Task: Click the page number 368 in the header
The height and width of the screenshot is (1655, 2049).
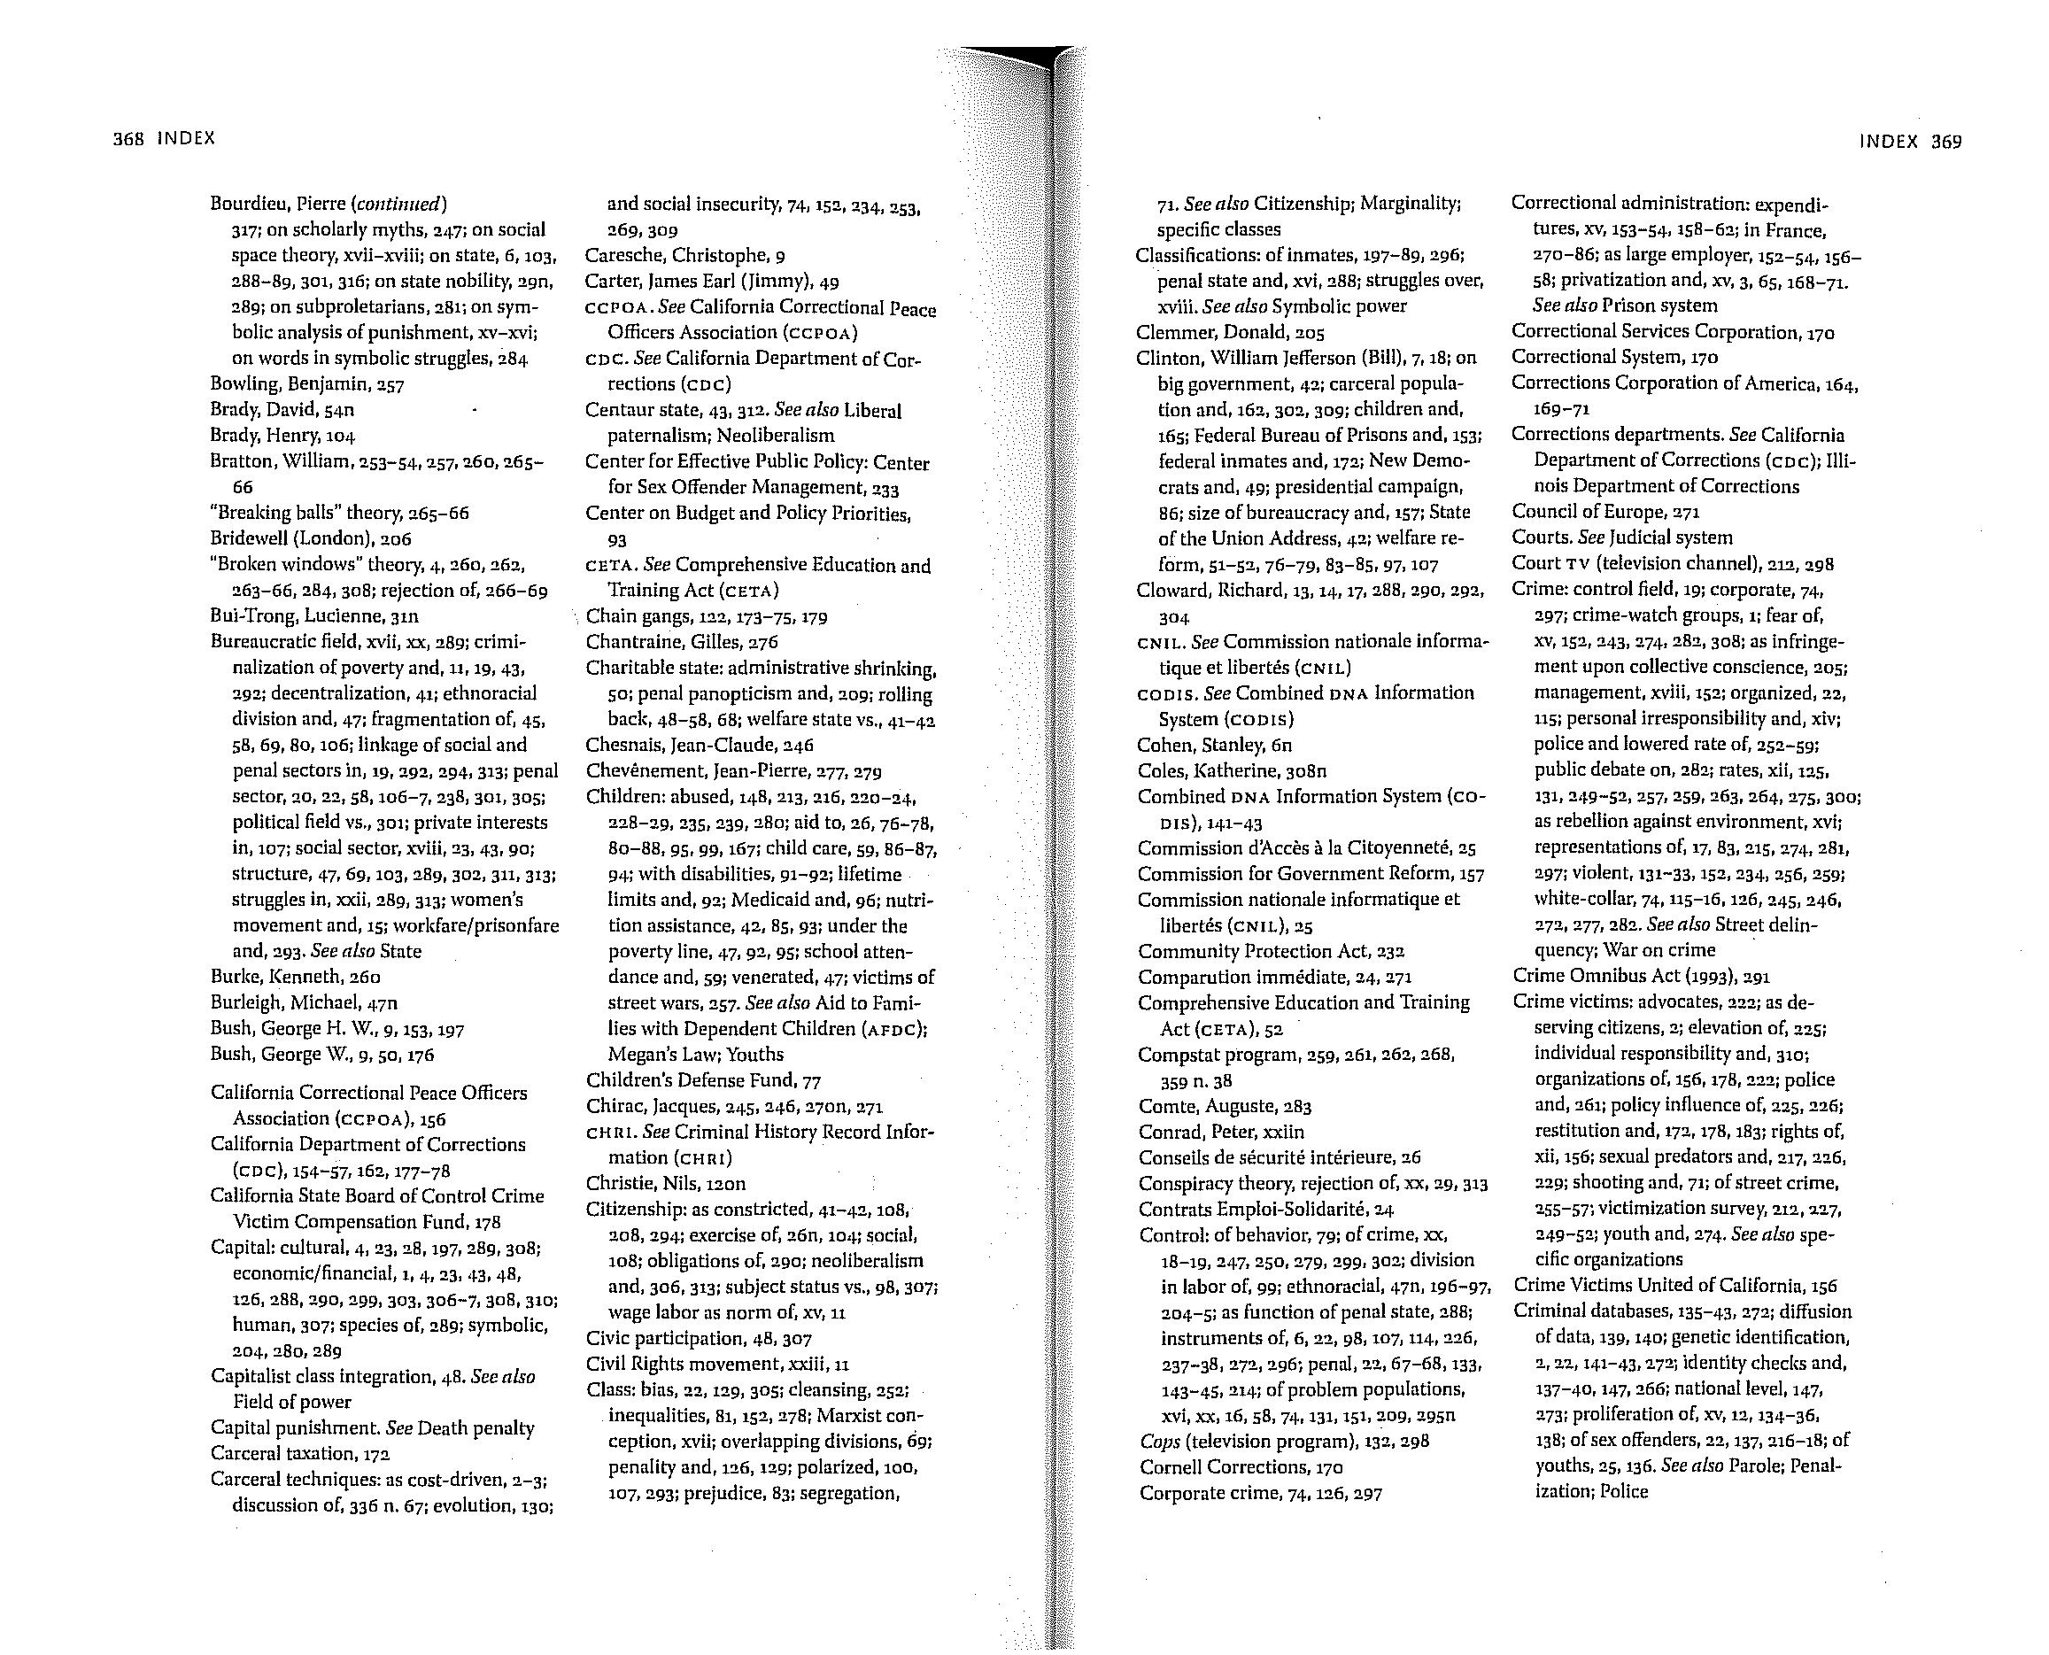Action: coord(127,138)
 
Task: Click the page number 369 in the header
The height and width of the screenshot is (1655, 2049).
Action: coord(1946,142)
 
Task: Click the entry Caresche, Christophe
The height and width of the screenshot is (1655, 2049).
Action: coord(684,256)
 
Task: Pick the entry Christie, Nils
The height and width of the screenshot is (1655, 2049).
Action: coord(666,1184)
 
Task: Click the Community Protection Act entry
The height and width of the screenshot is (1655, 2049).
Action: coord(1271,951)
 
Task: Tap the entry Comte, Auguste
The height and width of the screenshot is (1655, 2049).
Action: coord(1226,1106)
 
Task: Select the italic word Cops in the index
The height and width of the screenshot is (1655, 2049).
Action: coord(1159,1442)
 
